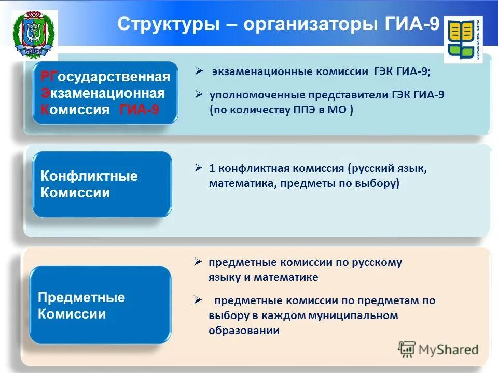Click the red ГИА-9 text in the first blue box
(x=139, y=110)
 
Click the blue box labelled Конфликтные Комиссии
(x=102, y=184)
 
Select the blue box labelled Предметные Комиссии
(x=100, y=305)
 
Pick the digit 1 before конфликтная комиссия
(x=212, y=168)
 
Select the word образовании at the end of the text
(x=244, y=331)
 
